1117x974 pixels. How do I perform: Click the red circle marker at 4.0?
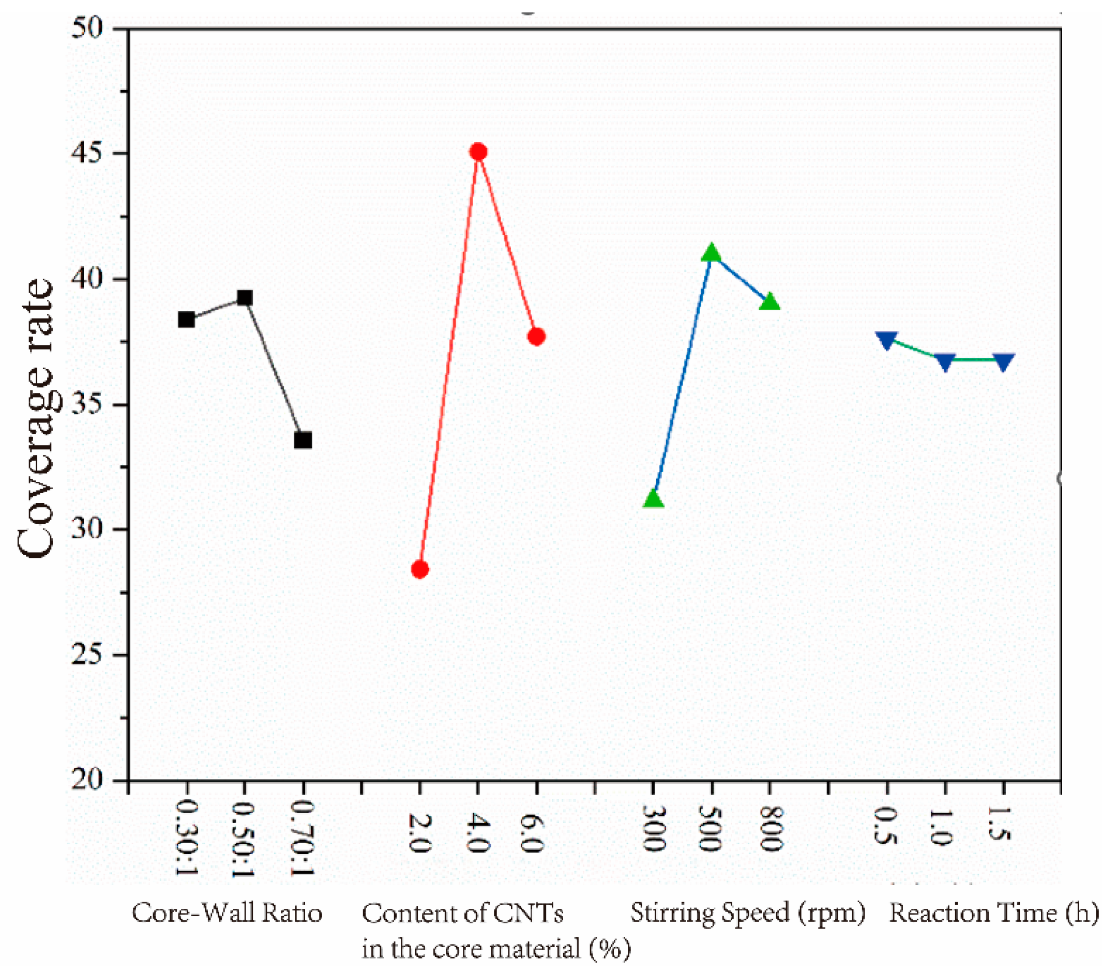point(478,151)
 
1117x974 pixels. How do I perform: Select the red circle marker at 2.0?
point(419,570)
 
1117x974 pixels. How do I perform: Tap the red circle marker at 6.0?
point(536,337)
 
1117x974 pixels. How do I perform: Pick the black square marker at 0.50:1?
point(245,298)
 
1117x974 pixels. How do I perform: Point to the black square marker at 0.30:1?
point(187,319)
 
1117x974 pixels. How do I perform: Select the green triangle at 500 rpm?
point(712,253)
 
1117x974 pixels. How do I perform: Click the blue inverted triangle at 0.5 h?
point(886,340)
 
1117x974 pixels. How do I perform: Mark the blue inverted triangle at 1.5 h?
point(1003,361)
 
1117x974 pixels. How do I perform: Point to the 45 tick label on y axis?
point(87,153)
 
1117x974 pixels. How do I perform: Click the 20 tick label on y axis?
point(87,781)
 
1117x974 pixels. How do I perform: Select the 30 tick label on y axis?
point(87,529)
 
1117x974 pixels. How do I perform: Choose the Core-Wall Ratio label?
point(227,912)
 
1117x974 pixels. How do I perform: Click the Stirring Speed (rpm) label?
point(747,912)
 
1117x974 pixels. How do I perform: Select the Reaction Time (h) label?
point(994,912)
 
